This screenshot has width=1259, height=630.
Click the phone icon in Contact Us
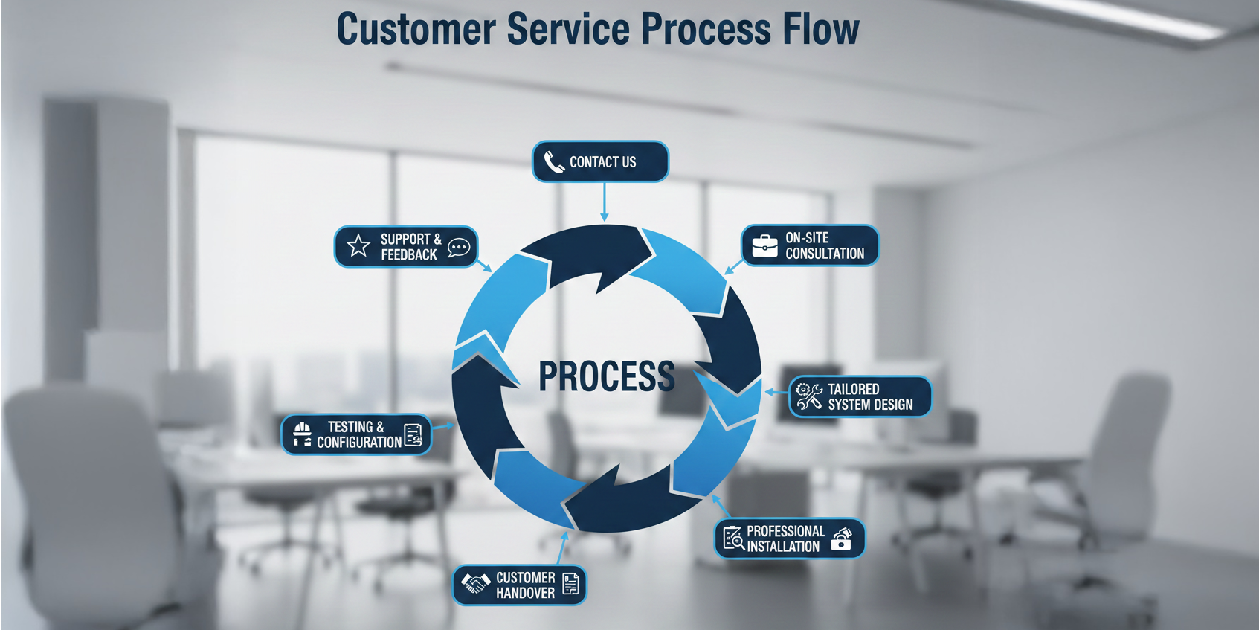(554, 161)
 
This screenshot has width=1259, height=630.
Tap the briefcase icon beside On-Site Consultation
(764, 245)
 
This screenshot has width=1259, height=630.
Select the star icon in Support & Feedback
(358, 245)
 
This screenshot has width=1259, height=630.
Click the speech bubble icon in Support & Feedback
(459, 248)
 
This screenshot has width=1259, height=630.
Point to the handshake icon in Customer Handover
(476, 584)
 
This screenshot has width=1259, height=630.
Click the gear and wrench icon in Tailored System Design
(809, 396)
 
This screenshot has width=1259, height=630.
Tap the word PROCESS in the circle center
(606, 376)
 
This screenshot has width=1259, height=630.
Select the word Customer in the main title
(416, 30)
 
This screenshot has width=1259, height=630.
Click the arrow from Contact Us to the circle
(605, 202)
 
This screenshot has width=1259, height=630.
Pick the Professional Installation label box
(790, 539)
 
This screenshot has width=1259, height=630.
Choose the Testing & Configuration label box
(356, 434)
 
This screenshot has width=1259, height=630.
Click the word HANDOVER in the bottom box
(525, 593)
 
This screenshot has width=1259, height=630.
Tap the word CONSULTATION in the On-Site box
(825, 254)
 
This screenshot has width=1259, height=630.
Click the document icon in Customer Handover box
(570, 584)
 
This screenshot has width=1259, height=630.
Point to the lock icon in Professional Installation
(841, 539)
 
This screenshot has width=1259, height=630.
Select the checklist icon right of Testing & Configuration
(413, 435)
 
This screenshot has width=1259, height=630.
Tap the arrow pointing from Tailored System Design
(776, 392)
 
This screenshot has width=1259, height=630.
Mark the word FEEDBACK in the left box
(409, 255)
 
